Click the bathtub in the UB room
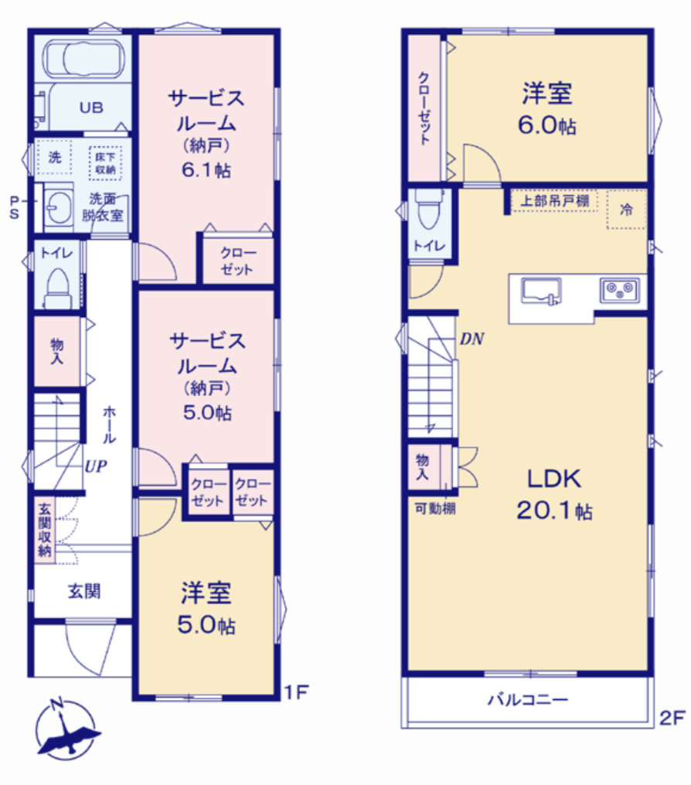(83, 59)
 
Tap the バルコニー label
(527, 701)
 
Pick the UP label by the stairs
(96, 466)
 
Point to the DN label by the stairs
(471, 339)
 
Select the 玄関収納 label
(44, 529)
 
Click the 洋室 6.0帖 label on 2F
(547, 108)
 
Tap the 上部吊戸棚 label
(553, 201)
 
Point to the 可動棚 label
(432, 508)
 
